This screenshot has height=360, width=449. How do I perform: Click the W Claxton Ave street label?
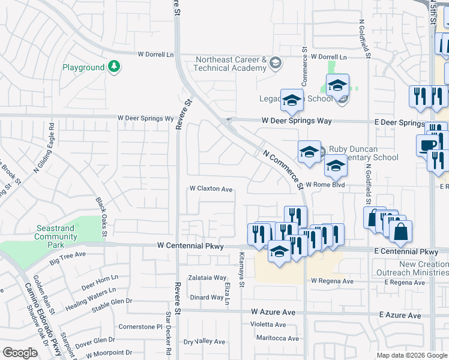[x=211, y=189]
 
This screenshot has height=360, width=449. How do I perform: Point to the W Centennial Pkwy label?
[x=190, y=246]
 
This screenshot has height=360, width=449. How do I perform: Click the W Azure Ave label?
[x=273, y=313]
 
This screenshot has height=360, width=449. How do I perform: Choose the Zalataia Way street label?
[x=208, y=278]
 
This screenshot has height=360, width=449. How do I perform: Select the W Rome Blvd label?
[x=325, y=185]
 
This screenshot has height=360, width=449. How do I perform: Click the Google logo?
[x=20, y=353]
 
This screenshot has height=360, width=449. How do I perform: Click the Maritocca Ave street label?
[x=275, y=338]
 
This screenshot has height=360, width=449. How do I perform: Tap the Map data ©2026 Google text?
[x=411, y=355]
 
